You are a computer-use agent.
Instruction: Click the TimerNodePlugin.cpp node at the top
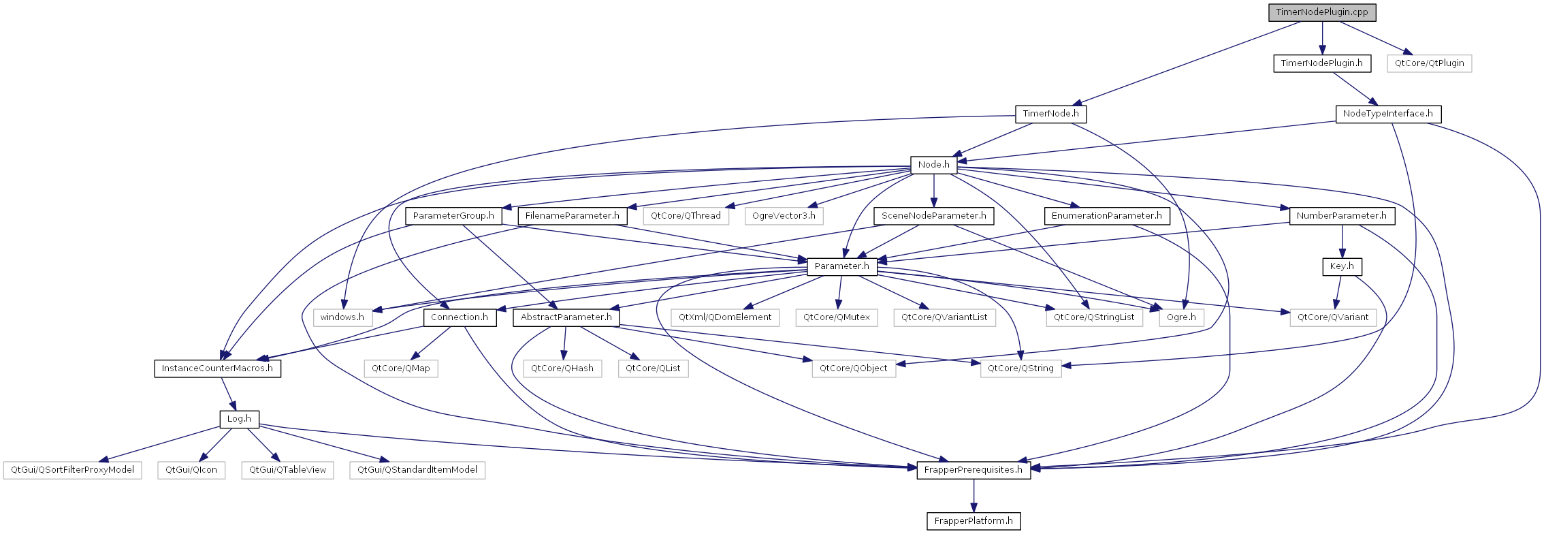tap(1322, 12)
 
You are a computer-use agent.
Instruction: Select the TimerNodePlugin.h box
tap(1321, 63)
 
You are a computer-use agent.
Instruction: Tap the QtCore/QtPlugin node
tap(1429, 63)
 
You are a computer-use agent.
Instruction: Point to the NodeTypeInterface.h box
tap(1387, 114)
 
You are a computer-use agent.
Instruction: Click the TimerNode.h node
tap(1050, 114)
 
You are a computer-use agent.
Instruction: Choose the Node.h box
tap(933, 165)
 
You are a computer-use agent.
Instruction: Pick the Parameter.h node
tap(841, 266)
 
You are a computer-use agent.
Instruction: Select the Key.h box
tap(1342, 266)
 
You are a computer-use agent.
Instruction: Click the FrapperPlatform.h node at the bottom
tap(974, 521)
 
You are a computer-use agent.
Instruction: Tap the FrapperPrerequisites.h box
tap(974, 470)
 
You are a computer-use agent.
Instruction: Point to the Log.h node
tap(239, 419)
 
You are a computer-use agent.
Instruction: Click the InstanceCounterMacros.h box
tap(217, 368)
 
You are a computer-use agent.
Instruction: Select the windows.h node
tap(342, 317)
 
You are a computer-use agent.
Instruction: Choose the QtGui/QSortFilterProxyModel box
tap(72, 470)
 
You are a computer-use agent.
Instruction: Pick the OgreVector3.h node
tap(784, 216)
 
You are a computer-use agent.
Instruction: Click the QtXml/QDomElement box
tap(725, 317)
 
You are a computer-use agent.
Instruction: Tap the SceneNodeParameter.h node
tap(933, 216)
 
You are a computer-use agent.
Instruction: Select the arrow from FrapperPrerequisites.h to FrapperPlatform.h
tap(974, 496)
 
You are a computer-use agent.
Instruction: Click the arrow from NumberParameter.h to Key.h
tap(1342, 241)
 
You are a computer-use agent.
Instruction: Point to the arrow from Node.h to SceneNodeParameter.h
tap(933, 191)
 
